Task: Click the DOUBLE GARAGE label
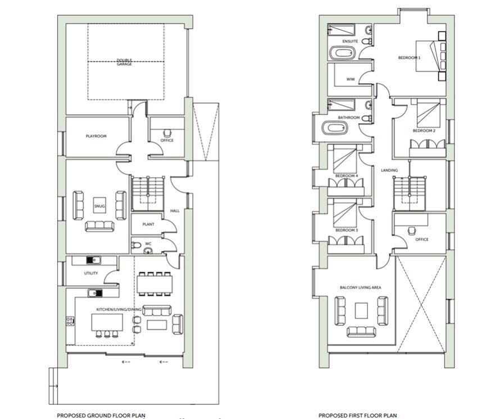tap(124, 62)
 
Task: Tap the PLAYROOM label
tap(96, 136)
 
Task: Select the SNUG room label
tap(99, 206)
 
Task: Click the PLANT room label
tap(148, 224)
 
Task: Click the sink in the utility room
tap(93, 261)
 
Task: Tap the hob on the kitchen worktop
tap(70, 321)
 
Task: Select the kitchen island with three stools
tap(107, 322)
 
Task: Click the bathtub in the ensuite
tap(342, 54)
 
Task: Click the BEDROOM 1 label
tap(409, 57)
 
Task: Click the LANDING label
tap(389, 170)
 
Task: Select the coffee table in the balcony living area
tap(362, 310)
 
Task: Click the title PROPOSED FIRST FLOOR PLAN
tap(358, 415)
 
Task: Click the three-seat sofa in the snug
tap(99, 226)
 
